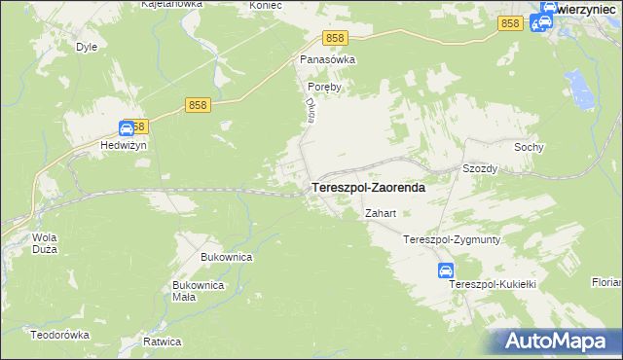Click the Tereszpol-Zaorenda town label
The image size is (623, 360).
(367, 188)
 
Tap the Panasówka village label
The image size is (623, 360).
(327, 59)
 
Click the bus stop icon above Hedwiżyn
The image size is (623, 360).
(127, 127)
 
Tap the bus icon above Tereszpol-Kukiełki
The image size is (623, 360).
(445, 270)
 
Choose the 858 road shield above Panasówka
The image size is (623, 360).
(335, 37)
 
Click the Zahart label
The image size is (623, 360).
(380, 213)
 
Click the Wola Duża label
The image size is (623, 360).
(45, 243)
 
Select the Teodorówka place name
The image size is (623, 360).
(59, 334)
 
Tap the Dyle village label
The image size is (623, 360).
(86, 46)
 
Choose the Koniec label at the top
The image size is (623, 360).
(238, 5)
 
